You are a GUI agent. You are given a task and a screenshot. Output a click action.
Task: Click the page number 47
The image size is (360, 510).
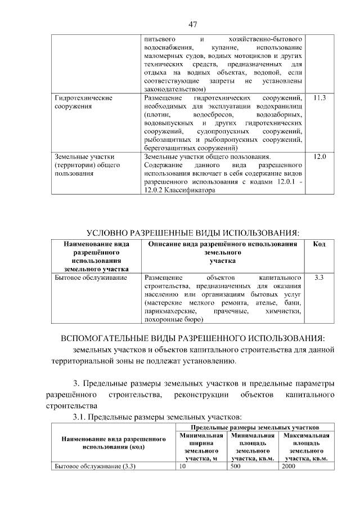[x=192, y=24]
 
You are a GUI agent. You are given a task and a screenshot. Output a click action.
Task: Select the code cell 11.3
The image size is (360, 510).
[x=319, y=99]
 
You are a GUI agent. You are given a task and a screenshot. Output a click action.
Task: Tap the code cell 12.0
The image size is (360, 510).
[x=319, y=156]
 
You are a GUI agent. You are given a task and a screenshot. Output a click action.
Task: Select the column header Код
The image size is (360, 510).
[x=319, y=244]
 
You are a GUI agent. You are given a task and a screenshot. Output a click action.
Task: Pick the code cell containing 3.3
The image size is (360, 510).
[x=319, y=278]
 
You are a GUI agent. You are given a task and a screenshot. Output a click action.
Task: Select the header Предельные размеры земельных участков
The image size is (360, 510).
[x=255, y=428]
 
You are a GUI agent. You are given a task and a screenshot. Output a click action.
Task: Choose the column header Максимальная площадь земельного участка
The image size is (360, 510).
[x=305, y=447]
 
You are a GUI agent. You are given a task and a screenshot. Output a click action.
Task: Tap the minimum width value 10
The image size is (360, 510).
[x=183, y=466]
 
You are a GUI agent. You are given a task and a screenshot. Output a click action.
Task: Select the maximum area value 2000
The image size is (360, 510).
[x=288, y=466]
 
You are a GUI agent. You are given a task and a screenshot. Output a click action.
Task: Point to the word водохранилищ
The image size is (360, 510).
[x=279, y=106]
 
